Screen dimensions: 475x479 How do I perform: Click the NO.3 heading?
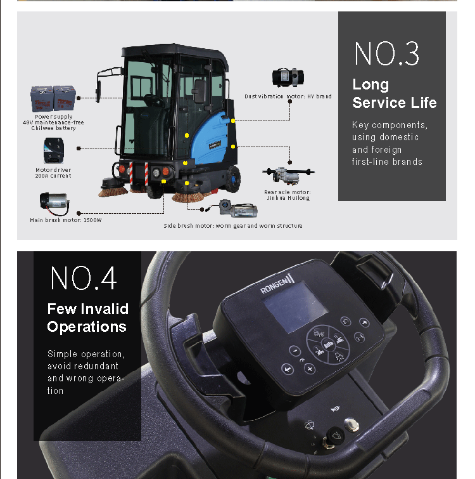tap(386, 54)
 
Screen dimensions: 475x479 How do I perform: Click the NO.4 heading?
tap(84, 278)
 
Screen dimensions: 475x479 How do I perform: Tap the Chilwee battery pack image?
tap(53, 99)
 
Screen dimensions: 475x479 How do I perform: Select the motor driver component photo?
tap(54, 150)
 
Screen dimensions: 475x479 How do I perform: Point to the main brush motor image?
tap(54, 203)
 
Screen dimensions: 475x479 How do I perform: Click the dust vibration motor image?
tap(288, 77)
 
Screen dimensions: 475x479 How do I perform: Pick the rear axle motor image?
tap(288, 175)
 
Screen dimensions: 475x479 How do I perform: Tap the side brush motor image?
tap(238, 209)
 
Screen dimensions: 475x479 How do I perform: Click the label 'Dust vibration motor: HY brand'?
tap(288, 96)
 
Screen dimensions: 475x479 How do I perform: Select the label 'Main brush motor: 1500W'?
tap(66, 220)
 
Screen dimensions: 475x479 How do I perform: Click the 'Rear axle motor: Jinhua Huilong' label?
tap(288, 195)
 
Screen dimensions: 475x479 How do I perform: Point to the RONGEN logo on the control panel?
tap(277, 284)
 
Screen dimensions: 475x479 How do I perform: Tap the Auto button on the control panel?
tap(328, 345)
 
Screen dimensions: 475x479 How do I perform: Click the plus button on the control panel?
tap(310, 369)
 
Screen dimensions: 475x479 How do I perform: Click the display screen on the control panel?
tap(295, 307)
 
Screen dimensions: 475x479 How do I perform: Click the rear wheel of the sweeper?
tap(233, 179)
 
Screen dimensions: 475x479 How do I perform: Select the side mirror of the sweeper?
tap(98, 91)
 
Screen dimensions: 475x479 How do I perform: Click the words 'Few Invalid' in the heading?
tap(88, 309)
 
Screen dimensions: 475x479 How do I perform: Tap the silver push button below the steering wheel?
tap(351, 424)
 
